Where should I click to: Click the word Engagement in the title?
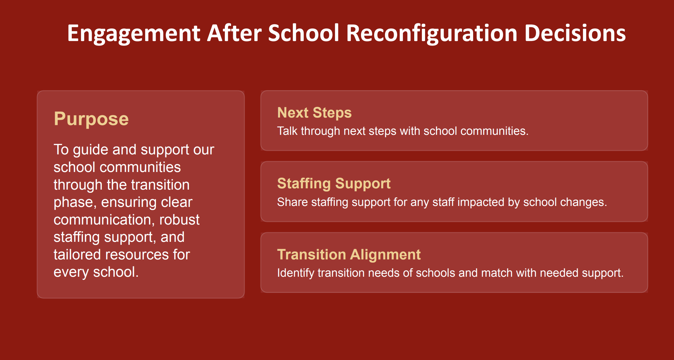134,34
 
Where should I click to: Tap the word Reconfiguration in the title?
432,34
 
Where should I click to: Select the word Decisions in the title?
575,33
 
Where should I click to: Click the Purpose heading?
91,119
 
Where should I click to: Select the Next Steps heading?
314,113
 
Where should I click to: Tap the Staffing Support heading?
334,184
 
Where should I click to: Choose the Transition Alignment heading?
349,255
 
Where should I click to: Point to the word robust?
179,220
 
